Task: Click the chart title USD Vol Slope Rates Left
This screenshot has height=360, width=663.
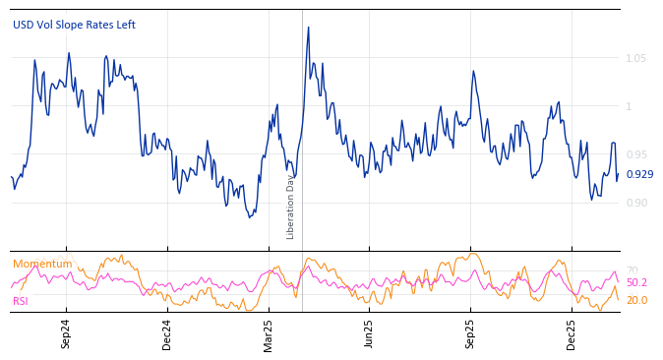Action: coord(74,25)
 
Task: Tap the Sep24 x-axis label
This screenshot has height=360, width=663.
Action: coord(66,334)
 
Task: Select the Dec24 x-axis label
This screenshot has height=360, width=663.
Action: coord(166,334)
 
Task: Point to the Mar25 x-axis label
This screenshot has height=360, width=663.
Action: coord(269,334)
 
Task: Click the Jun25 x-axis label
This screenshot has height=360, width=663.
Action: coord(369,334)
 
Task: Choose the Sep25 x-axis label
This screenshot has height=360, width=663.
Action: coord(470,334)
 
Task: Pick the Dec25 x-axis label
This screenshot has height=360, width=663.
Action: coord(572,334)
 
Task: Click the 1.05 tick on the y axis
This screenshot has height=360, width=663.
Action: coord(636,58)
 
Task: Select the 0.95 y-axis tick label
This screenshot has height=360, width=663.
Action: coord(636,154)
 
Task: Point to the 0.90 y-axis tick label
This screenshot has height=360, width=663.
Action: coord(636,203)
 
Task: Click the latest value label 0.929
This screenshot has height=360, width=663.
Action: coord(639,175)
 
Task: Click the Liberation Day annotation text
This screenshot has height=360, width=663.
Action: coord(291,206)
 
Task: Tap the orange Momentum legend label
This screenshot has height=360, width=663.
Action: coord(42,264)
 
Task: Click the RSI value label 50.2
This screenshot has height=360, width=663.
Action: coord(637,282)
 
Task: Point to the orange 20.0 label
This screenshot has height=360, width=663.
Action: coord(637,300)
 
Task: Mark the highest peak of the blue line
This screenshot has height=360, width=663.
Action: coord(308,28)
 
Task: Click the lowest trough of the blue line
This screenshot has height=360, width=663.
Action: coord(250,216)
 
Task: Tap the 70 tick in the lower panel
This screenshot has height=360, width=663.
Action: coord(633,270)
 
